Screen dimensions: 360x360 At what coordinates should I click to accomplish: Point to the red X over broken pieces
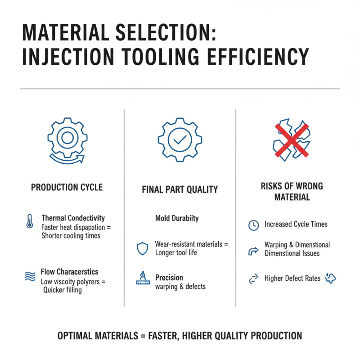click(292, 139)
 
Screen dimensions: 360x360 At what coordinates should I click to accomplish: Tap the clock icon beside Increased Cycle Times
click(254, 225)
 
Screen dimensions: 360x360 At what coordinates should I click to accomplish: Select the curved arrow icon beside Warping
click(254, 250)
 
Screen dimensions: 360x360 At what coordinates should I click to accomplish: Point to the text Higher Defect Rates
click(292, 279)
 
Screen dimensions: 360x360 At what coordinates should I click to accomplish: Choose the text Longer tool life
click(176, 252)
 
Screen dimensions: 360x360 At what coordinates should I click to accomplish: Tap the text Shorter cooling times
click(71, 235)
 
